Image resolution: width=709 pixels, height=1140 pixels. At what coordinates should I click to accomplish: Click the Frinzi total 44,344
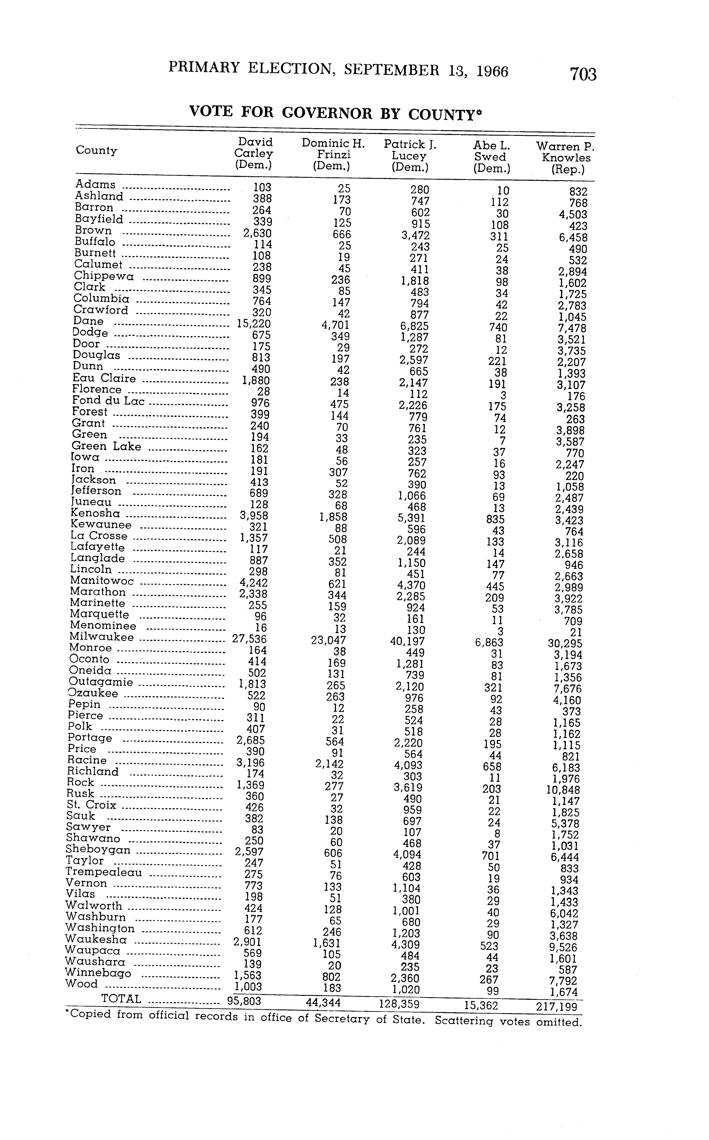pos(323,1004)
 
